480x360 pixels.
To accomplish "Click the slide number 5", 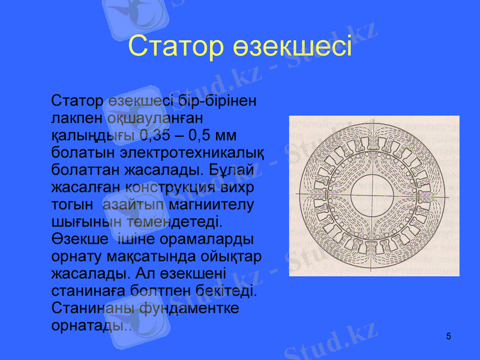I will (449, 336).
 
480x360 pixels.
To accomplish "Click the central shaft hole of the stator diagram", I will (374, 196).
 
